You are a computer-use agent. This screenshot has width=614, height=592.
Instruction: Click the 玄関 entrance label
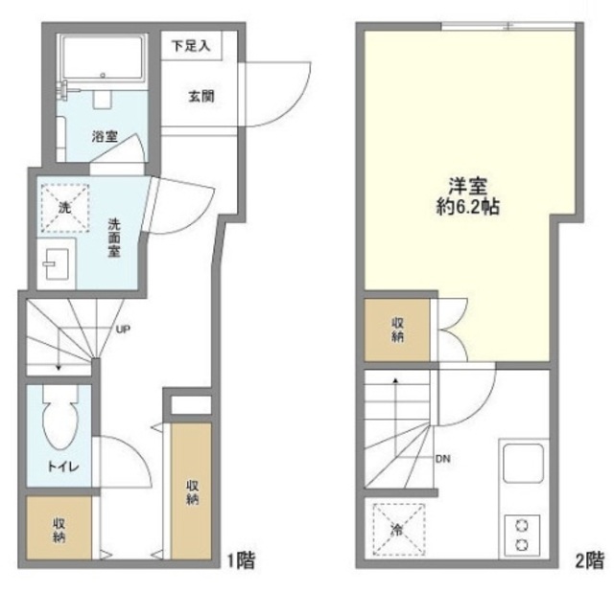coord(201,96)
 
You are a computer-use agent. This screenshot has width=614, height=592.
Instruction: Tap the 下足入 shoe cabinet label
coord(197,44)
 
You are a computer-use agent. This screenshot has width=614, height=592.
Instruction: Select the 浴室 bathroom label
coord(104,137)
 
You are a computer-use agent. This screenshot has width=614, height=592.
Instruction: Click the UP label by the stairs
coord(123,330)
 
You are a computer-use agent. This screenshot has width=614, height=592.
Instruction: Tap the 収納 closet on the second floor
coord(397,330)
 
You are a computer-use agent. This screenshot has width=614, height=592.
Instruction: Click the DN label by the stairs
coord(442,459)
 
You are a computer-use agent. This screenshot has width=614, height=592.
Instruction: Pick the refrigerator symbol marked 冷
coord(396,526)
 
